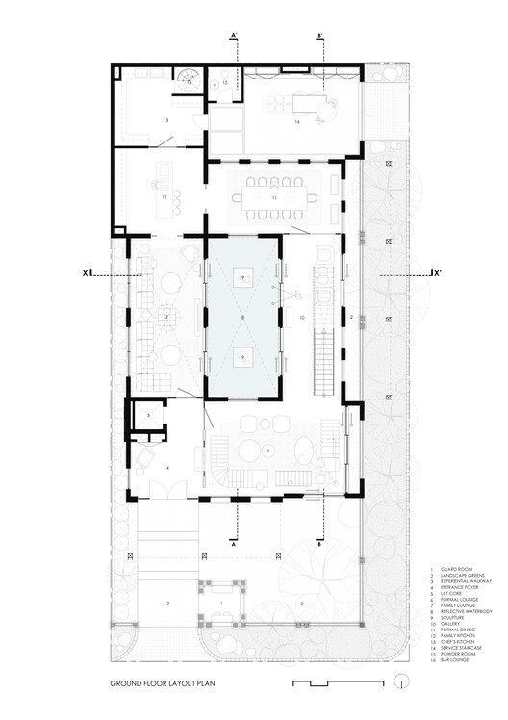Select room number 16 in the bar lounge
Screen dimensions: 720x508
(298, 123)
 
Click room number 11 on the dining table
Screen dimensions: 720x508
(274, 197)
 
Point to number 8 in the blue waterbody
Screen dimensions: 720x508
(243, 317)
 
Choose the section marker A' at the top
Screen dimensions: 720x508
(234, 37)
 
